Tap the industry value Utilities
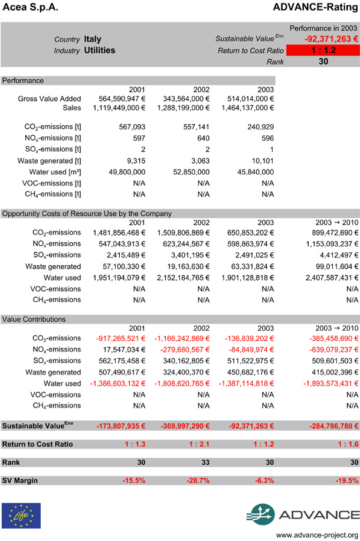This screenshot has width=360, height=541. (x=100, y=51)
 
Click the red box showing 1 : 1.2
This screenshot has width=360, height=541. (x=323, y=50)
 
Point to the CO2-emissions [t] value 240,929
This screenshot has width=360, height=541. (x=257, y=127)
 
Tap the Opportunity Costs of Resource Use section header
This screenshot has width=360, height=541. (x=87, y=213)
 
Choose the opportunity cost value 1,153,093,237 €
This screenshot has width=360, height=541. (x=325, y=244)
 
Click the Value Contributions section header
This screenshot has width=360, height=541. (x=34, y=319)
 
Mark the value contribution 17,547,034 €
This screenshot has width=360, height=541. (x=118, y=349)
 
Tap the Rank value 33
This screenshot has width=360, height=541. (x=204, y=462)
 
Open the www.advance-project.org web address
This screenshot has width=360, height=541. (x=318, y=534)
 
